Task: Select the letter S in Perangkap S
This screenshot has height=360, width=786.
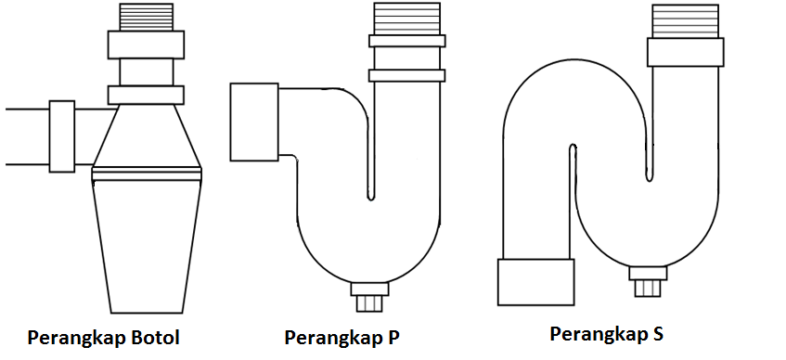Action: pyautogui.click(x=658, y=333)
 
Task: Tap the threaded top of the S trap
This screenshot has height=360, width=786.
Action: pyautogui.click(x=684, y=21)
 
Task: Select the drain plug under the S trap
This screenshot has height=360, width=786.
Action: pyautogui.click(x=649, y=280)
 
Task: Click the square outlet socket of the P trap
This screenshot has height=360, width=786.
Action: pyautogui.click(x=253, y=121)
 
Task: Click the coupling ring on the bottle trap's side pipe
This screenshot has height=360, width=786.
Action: pyautogui.click(x=62, y=135)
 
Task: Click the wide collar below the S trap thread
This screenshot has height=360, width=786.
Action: pyautogui.click(x=684, y=52)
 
